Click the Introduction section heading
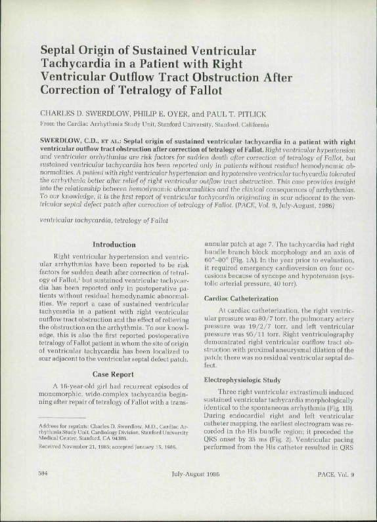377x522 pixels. [x=114, y=245]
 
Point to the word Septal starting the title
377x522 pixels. [x=60, y=50]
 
